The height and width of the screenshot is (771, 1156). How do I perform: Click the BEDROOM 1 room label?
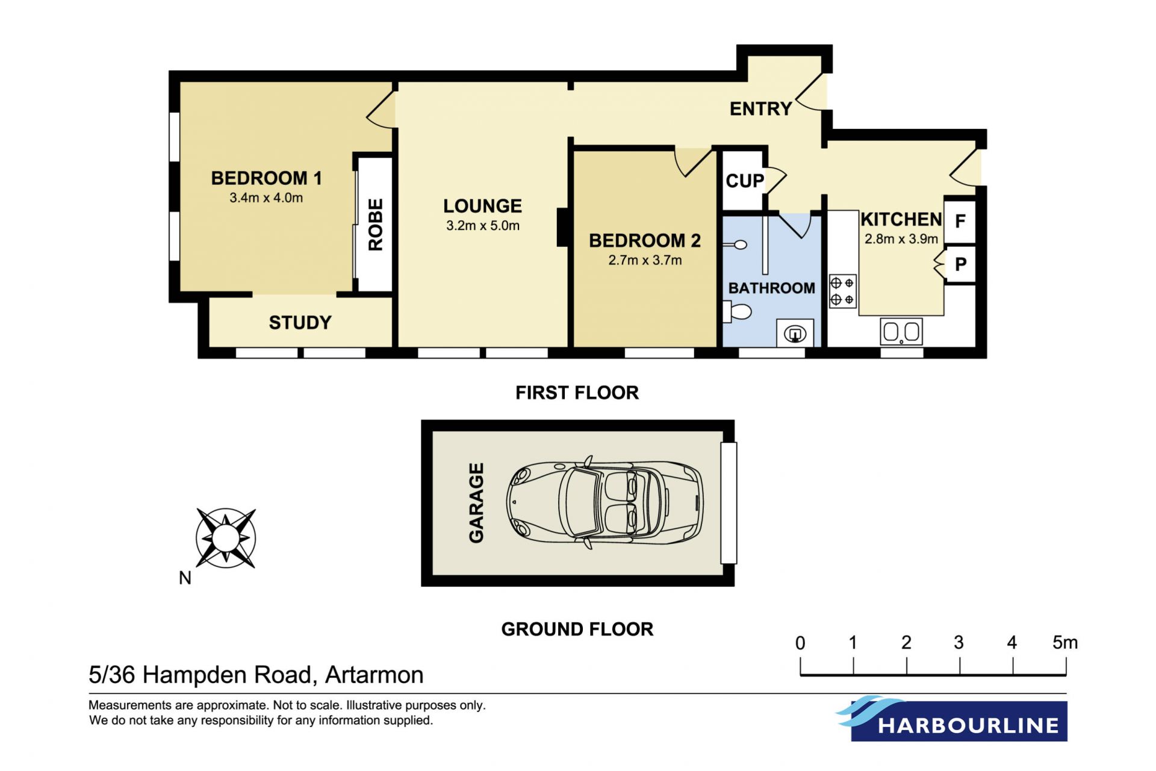tap(266, 178)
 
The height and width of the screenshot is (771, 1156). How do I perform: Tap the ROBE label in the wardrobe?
tap(375, 225)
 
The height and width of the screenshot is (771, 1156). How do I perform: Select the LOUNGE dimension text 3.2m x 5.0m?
tap(483, 226)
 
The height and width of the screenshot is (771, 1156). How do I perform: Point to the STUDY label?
tap(300, 323)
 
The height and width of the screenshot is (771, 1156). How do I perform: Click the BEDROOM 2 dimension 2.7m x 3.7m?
tap(645, 260)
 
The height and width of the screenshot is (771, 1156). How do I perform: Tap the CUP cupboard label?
tap(745, 181)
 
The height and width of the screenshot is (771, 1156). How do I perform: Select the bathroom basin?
tap(795, 333)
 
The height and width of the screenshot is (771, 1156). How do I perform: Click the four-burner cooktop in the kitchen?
tap(842, 292)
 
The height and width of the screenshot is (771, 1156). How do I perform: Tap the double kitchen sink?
tap(901, 331)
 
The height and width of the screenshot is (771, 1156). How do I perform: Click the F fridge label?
tap(960, 221)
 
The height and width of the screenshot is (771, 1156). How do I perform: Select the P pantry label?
tap(961, 264)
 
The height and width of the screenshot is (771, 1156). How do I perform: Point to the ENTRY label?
tap(761, 109)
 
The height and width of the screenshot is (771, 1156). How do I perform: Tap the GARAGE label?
tap(476, 503)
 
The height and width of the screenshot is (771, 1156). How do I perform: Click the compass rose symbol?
tap(226, 538)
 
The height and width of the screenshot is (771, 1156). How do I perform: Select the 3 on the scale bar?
tap(959, 643)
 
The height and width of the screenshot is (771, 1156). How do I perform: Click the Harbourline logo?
tap(952, 719)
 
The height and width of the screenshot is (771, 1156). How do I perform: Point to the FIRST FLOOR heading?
tap(577, 393)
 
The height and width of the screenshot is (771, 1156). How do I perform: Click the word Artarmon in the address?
tap(374, 675)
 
